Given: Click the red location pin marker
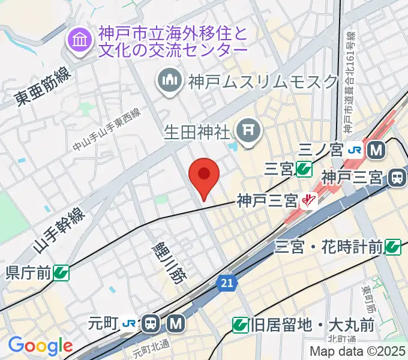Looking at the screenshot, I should click(203, 176).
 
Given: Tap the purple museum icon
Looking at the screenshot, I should click(79, 41).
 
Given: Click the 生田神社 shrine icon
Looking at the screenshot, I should click(247, 128).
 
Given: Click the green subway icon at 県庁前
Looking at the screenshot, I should click(61, 274).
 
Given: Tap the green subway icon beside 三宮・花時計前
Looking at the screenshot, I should click(394, 246).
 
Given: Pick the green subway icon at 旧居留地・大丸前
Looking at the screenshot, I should click(241, 325).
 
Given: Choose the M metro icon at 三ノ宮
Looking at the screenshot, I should click(377, 150).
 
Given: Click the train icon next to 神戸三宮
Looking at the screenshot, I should click(397, 177).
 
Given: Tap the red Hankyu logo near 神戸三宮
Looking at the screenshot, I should click(310, 199).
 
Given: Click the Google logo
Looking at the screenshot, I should click(40, 346).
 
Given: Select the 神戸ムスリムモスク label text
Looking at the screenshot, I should click(263, 80).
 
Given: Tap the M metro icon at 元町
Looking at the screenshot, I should click(176, 325).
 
